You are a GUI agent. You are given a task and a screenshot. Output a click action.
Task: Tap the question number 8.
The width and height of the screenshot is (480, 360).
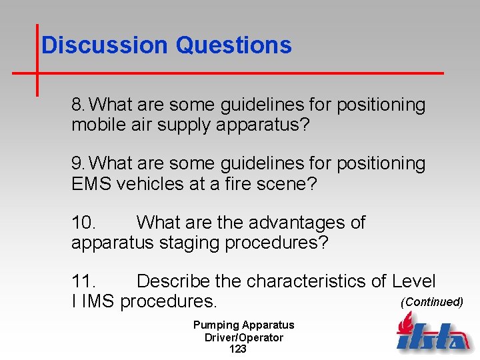[x=79, y=105]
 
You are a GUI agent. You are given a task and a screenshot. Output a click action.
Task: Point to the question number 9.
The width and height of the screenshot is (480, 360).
[x=79, y=164]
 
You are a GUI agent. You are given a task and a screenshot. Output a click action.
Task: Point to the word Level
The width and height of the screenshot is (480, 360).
[x=413, y=281]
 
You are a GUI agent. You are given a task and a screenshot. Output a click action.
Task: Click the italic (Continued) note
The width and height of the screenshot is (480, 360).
[x=431, y=302]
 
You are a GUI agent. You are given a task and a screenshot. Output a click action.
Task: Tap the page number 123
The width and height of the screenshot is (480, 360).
[x=237, y=349]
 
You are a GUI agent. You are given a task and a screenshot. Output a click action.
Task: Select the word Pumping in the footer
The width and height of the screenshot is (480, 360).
[x=215, y=325]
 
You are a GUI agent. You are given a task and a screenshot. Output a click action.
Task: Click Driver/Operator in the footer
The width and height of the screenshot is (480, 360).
[x=243, y=337]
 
